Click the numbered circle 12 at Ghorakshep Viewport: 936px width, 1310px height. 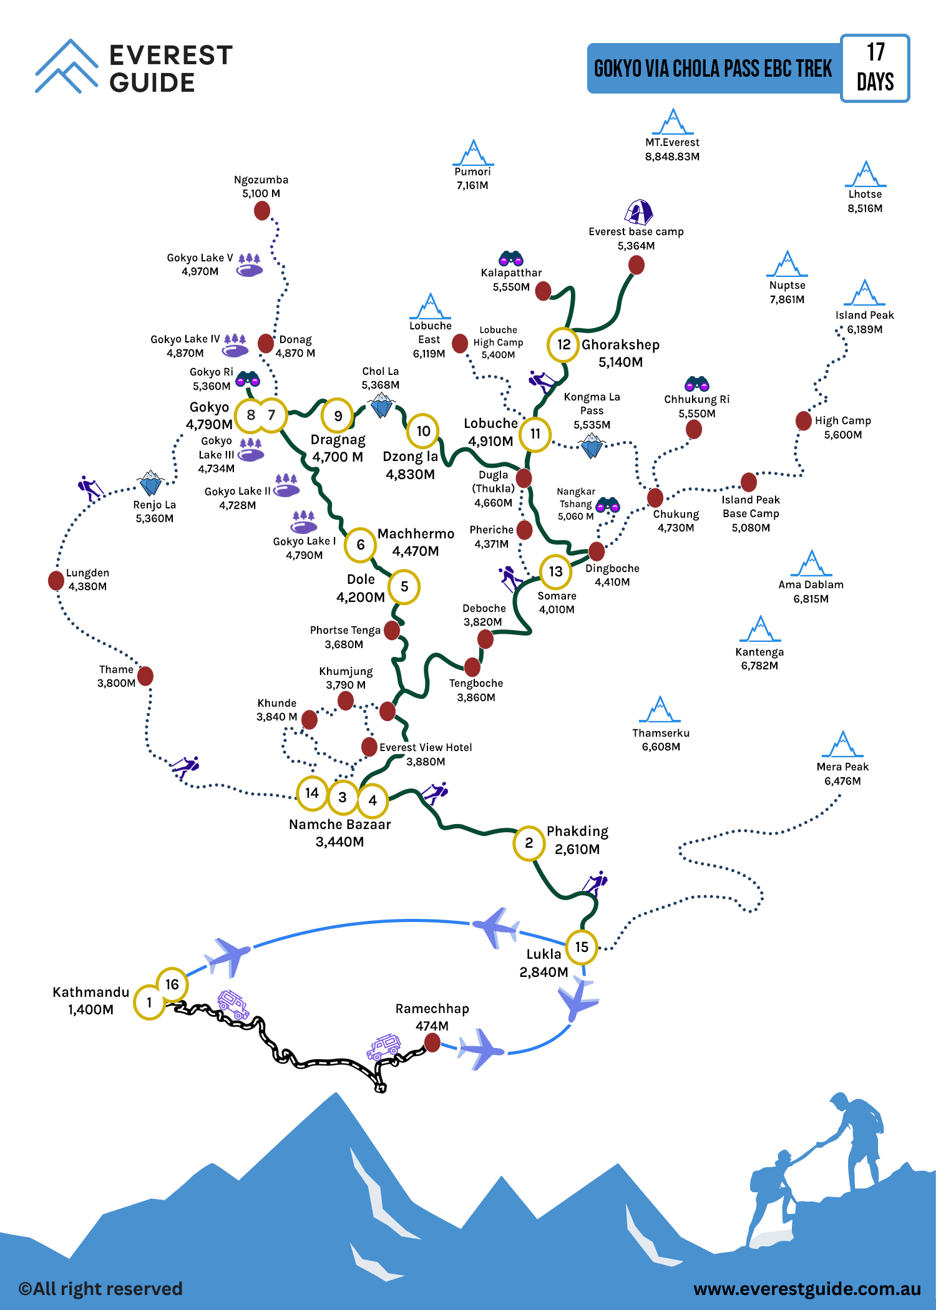tap(563, 344)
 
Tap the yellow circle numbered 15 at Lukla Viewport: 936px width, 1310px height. tap(582, 947)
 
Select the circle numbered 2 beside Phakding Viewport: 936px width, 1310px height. tap(529, 843)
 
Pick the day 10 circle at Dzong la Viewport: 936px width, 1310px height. tap(423, 430)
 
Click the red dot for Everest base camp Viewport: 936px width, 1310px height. tap(636, 265)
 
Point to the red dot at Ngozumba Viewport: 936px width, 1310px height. tap(262, 211)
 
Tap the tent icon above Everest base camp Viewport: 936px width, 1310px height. tap(638, 212)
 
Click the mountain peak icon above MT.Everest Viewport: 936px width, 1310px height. tap(673, 122)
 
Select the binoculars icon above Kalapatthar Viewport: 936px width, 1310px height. tap(511, 258)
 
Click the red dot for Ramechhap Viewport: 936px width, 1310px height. tap(432, 1042)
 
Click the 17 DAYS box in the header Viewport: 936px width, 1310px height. tap(875, 68)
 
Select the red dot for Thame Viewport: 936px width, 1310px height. tap(145, 676)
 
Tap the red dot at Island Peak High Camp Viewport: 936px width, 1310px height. tap(804, 420)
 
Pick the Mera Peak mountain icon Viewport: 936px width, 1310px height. tap(843, 744)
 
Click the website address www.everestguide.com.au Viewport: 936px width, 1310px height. tap(807, 1289)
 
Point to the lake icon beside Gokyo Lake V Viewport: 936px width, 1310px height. tap(250, 266)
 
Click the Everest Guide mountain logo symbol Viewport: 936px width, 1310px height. tap(66, 66)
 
